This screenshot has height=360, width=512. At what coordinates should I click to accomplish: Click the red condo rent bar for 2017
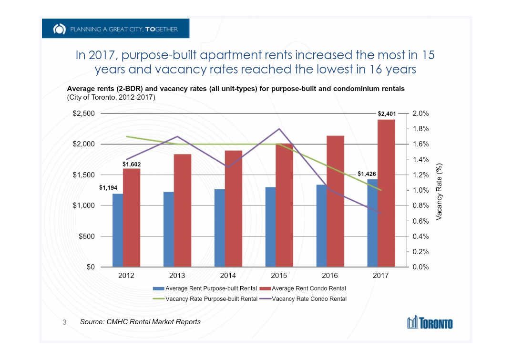[386, 193]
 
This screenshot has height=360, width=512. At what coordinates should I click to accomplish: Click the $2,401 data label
[387, 114]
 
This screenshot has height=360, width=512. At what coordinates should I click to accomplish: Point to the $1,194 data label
[108, 188]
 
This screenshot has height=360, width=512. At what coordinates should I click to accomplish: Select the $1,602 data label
[132, 164]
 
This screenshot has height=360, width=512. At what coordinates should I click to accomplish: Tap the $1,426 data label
[367, 174]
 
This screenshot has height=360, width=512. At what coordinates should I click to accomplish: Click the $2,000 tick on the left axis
[83, 144]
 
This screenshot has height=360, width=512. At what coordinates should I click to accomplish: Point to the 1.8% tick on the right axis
[420, 129]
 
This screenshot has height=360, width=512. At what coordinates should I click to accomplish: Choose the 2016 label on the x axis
[330, 276]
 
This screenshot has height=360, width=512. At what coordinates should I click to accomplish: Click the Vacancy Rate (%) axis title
[440, 190]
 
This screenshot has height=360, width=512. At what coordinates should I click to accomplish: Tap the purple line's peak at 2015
[280, 129]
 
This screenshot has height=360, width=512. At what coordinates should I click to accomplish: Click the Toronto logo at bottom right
[430, 323]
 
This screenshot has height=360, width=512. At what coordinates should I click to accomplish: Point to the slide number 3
[65, 323]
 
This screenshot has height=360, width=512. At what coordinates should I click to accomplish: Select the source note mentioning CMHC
[140, 322]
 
